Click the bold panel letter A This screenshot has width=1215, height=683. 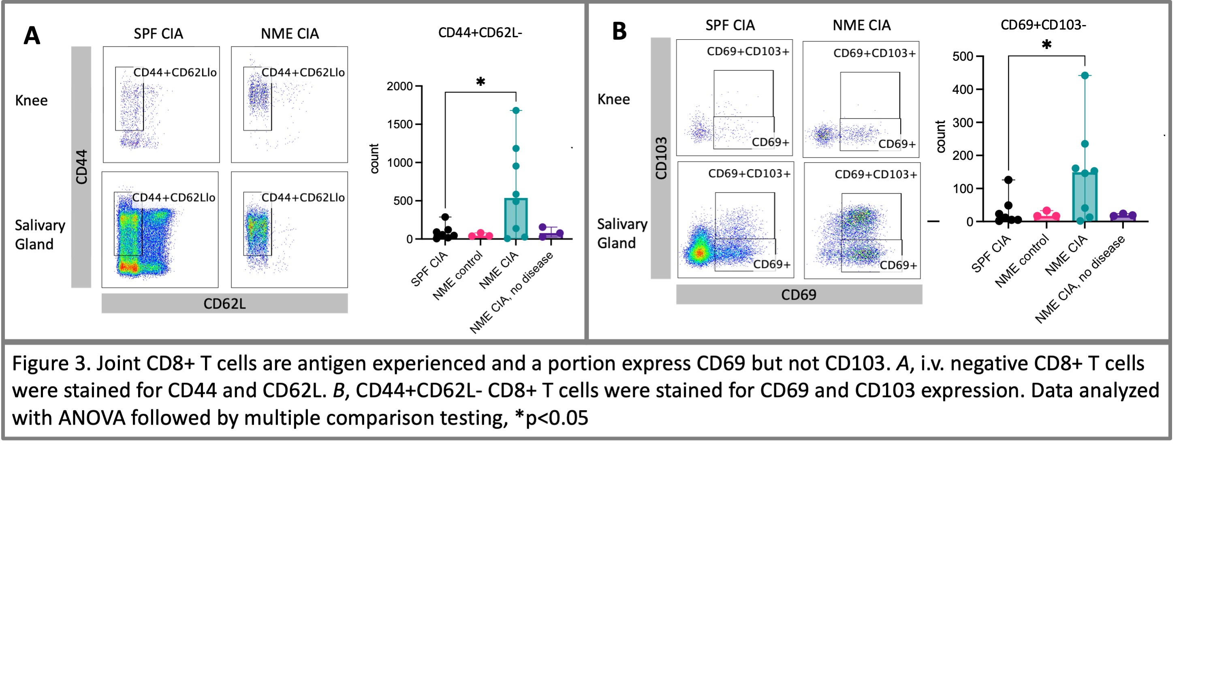point(32,36)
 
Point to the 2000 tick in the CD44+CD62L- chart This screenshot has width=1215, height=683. point(399,86)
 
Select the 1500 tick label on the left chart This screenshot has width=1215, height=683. point(399,124)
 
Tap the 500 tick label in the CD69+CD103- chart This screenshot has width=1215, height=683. point(963,57)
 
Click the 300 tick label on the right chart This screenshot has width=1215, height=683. point(963,123)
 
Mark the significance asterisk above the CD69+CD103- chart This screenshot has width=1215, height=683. point(1046,45)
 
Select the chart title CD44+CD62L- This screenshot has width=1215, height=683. point(480,32)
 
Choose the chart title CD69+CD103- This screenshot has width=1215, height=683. point(1043,25)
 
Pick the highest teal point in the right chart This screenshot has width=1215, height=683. point(1085,75)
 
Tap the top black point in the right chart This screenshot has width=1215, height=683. point(1008,180)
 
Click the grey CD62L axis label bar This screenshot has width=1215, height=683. point(224,304)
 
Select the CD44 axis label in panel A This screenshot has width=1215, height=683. point(81,167)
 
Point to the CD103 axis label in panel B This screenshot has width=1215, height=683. point(661,158)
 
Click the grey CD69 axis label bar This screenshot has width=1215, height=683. point(799,295)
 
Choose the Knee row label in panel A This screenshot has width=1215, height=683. point(31,100)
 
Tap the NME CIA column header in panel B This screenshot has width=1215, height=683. point(861,26)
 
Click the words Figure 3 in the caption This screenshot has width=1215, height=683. point(49,364)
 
